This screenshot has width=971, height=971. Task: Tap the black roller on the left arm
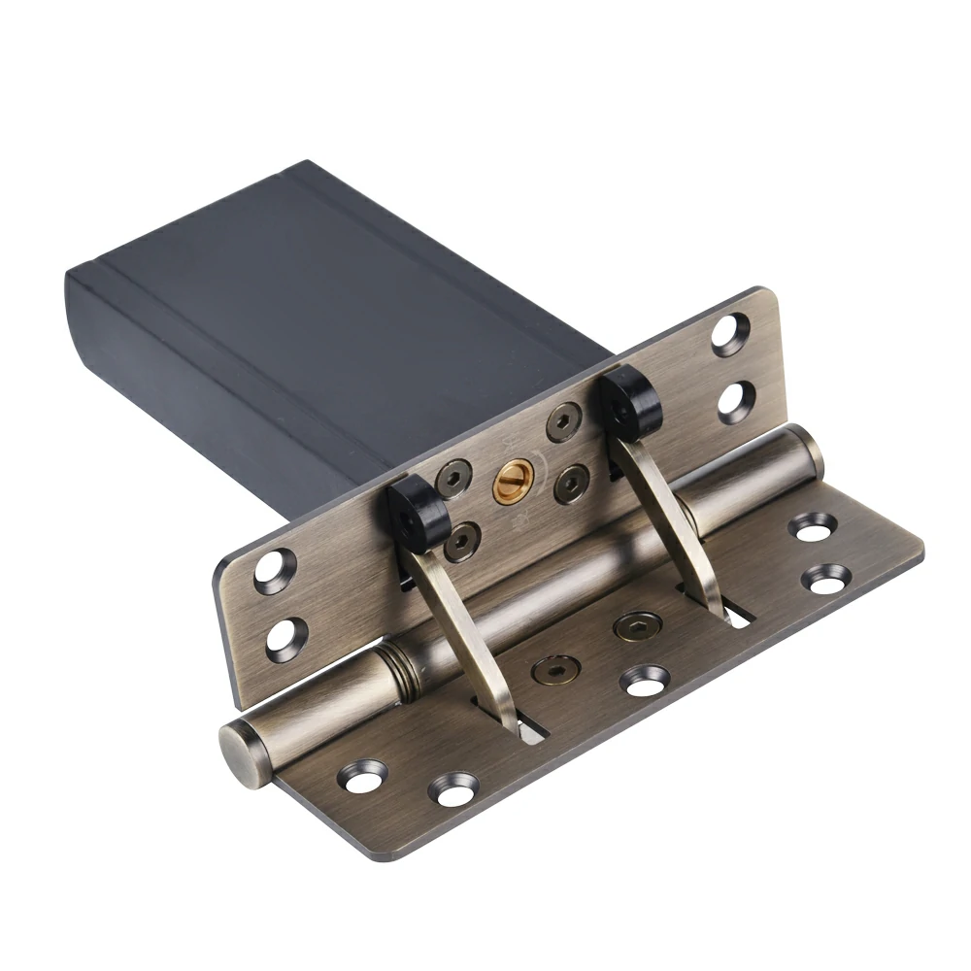[x=419, y=512]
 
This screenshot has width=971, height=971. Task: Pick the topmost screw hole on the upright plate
[x=730, y=334]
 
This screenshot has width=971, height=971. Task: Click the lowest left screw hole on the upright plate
[x=285, y=637]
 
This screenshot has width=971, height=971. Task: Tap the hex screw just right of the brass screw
[x=571, y=483]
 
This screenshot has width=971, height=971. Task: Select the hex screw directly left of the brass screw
[x=453, y=479]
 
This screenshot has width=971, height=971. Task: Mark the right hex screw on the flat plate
[x=638, y=626]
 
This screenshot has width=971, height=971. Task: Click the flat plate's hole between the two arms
[x=645, y=681]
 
